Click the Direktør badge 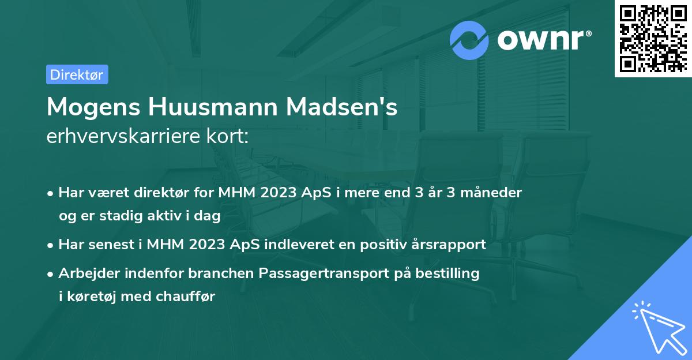click(77, 74)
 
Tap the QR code click(653, 39)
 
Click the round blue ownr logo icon click(469, 40)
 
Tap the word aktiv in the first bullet click(162, 216)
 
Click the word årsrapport click(450, 245)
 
